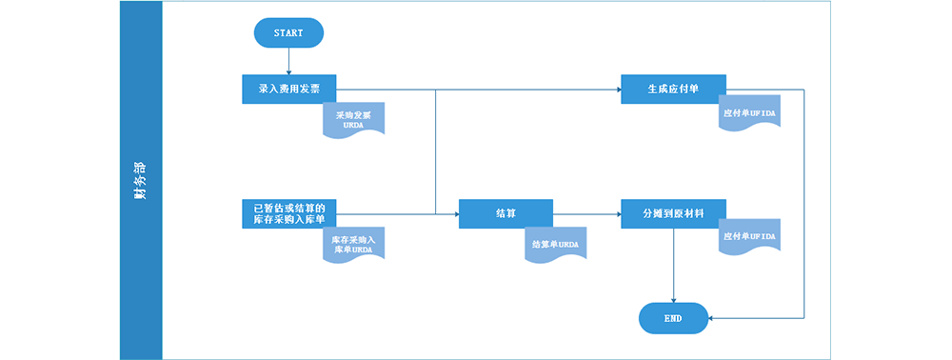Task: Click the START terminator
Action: (288, 33)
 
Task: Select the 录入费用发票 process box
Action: (288, 89)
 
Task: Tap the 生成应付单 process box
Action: (673, 89)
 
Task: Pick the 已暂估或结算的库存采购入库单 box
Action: (288, 213)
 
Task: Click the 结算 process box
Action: (506, 213)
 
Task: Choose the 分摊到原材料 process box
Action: (673, 213)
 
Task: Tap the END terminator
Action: (673, 318)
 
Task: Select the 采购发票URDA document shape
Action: (353, 119)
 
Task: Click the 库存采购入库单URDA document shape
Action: (353, 244)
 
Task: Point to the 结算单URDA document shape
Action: (555, 244)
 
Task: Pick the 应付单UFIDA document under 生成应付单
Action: (749, 113)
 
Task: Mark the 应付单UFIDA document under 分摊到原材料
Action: (749, 236)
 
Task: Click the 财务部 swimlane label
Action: (141, 180)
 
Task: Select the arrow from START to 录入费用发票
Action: (288, 60)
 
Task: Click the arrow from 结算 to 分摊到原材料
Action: (586, 213)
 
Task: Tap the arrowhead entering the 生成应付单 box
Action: (616, 90)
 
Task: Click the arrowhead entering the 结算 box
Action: (454, 214)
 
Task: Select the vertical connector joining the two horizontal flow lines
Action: (435, 152)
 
